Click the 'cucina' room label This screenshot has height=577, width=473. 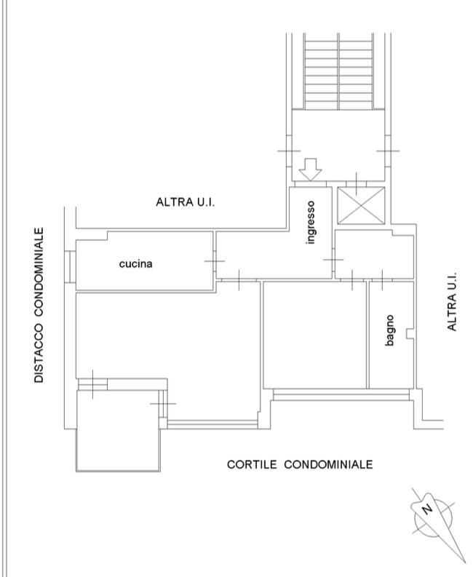pos(136,264)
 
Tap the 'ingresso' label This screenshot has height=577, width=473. pos(311,222)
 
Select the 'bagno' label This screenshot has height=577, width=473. pos(389,330)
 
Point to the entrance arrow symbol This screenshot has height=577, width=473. pos(310,170)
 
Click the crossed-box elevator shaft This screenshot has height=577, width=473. pos(361,205)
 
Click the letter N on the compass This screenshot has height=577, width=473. pos(427,509)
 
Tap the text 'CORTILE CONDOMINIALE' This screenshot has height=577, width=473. pos(300,464)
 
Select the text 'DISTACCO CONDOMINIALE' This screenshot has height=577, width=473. pos(39,305)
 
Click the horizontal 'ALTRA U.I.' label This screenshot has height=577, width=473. pos(185,202)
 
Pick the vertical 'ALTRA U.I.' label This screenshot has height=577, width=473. pos(452,301)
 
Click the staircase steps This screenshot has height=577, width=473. pos(338,71)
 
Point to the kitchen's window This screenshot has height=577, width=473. pos(70,267)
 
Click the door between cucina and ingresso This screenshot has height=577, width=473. pos(215,261)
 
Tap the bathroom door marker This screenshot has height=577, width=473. pos(382,280)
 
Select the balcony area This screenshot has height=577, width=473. pos(118,431)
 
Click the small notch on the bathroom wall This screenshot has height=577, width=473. pos(410,333)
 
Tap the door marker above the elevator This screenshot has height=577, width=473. pos(357,183)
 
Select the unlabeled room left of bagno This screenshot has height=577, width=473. pos(315,335)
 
